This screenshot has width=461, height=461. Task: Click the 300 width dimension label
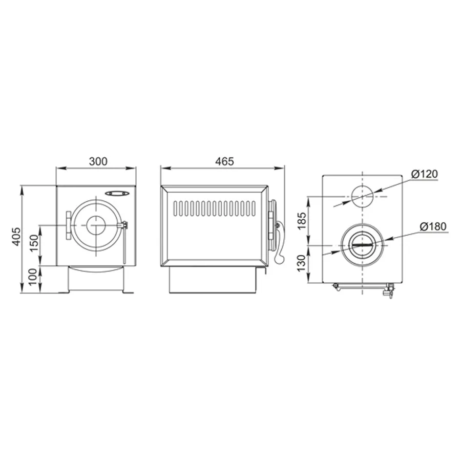tap(98, 161)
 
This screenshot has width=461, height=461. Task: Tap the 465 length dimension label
tap(224, 161)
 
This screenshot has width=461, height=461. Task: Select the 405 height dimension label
tap(16, 236)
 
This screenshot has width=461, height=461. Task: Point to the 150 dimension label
tap(34, 243)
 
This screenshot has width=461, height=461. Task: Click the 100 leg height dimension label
tap(33, 277)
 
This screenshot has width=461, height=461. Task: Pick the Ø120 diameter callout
tap(424, 174)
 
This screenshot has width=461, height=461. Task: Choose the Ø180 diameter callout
tap(433, 226)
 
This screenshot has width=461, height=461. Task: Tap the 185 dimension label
tap(302, 221)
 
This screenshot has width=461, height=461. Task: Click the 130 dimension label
tap(302, 263)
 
